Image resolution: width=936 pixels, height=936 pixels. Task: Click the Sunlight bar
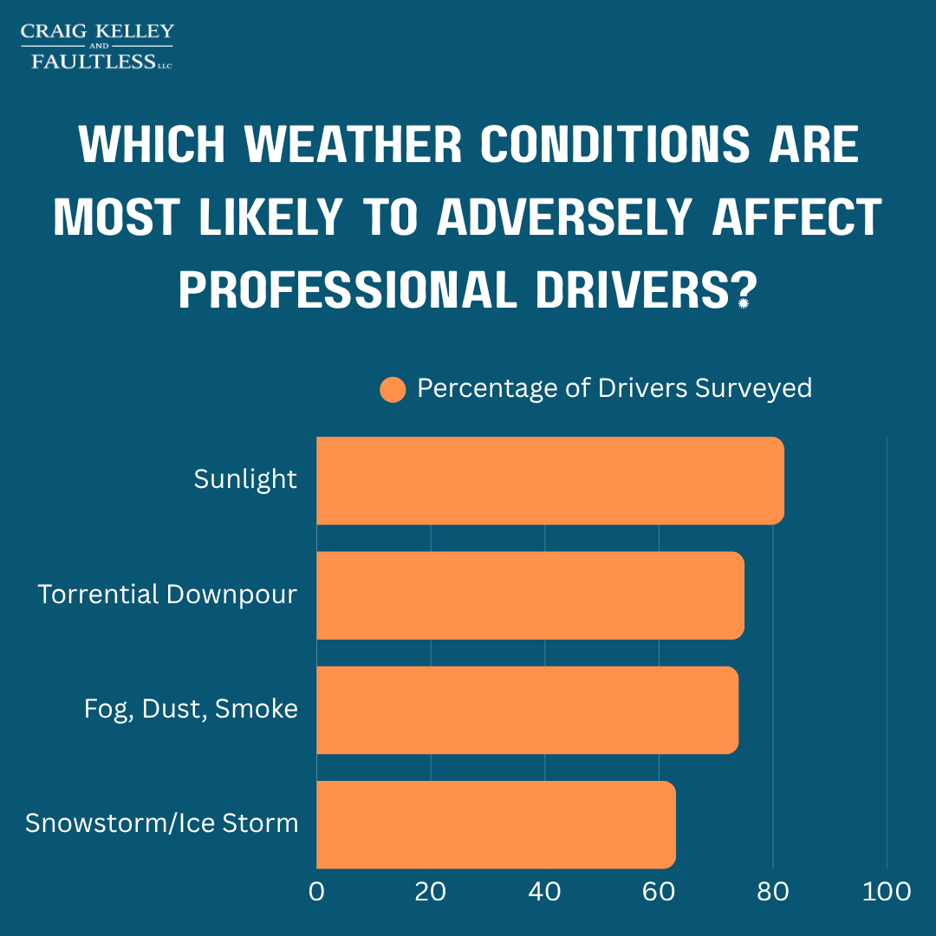[550, 480]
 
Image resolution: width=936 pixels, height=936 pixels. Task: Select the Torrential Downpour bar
[530, 595]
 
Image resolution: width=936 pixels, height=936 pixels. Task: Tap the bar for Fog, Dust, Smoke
[527, 710]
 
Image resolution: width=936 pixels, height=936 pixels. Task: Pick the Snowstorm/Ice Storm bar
[496, 824]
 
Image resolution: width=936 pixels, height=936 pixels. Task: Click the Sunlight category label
[245, 479]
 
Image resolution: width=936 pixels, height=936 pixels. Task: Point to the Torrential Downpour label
[167, 595]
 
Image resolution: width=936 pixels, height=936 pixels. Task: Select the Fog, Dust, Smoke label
[191, 709]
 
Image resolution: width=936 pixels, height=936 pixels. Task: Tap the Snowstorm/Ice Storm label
[161, 823]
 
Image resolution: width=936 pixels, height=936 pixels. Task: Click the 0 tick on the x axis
[316, 892]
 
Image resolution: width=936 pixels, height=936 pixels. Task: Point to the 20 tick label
[431, 892]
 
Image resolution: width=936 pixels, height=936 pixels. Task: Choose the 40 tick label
[544, 892]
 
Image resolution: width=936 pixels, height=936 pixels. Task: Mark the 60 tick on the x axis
[659, 892]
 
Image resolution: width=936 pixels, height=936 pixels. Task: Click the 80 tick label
[772, 892]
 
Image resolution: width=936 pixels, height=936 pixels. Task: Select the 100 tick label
[887, 892]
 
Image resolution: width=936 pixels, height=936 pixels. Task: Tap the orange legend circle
[393, 390]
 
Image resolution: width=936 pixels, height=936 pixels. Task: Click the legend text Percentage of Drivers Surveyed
[614, 388]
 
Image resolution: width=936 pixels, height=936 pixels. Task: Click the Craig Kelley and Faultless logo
[97, 47]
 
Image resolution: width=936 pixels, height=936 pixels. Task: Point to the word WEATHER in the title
[353, 145]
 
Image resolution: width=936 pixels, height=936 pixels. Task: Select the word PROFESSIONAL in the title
[348, 290]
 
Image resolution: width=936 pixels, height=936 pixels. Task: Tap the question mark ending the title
[743, 290]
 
